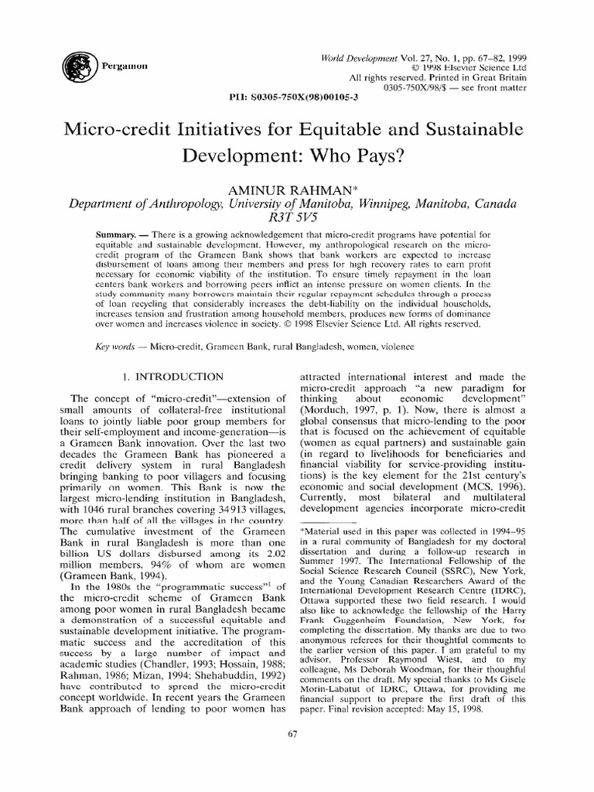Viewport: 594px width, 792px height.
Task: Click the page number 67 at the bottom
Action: click(292, 735)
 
